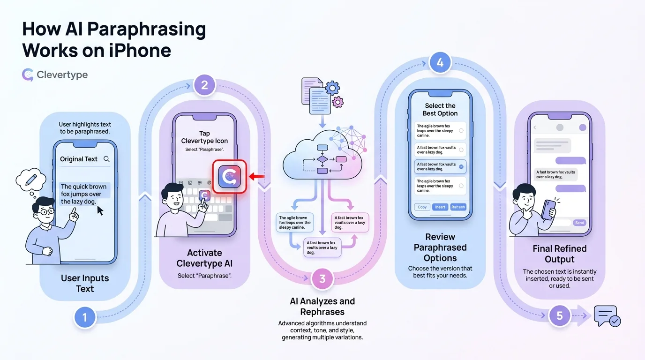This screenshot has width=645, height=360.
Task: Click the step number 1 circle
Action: (x=85, y=318)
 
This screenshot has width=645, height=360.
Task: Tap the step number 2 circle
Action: (x=204, y=86)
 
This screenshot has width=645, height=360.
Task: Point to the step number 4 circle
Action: (x=440, y=63)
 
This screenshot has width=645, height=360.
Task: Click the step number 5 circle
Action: (x=559, y=315)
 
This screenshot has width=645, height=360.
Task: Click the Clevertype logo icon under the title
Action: (x=28, y=75)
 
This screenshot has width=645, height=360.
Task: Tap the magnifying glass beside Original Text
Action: (x=107, y=159)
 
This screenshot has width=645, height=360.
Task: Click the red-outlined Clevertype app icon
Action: (x=230, y=177)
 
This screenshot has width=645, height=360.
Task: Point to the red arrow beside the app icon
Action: (x=256, y=177)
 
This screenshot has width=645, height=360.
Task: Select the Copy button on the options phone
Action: (x=422, y=207)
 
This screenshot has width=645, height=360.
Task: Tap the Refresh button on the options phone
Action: (x=458, y=207)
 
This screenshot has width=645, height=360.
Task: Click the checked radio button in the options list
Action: (x=461, y=166)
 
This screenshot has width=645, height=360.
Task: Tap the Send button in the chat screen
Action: (x=579, y=223)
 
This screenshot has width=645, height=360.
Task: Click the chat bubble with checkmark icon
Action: (x=607, y=316)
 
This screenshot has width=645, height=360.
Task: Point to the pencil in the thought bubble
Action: (x=32, y=179)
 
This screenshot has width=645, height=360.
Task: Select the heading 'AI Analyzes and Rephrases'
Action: (x=322, y=307)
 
